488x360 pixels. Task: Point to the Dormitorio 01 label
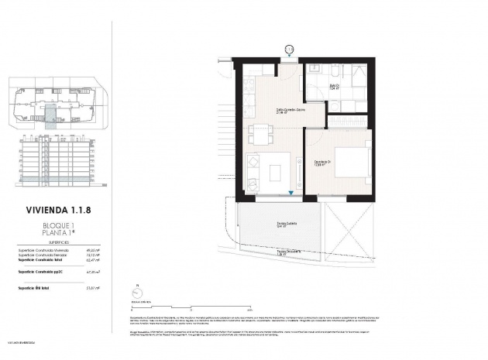pos(318,163)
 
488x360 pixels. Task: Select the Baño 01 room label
pos(335,87)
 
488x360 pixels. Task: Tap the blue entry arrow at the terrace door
pos(290,195)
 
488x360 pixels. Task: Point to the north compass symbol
pos(137,293)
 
